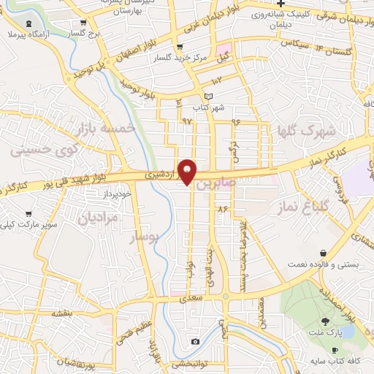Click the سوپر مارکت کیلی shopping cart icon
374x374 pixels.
(x=28, y=214)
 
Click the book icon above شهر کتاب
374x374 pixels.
(x=209, y=96)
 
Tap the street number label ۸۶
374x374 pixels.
(x=224, y=209)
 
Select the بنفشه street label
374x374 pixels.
(x=61, y=313)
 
